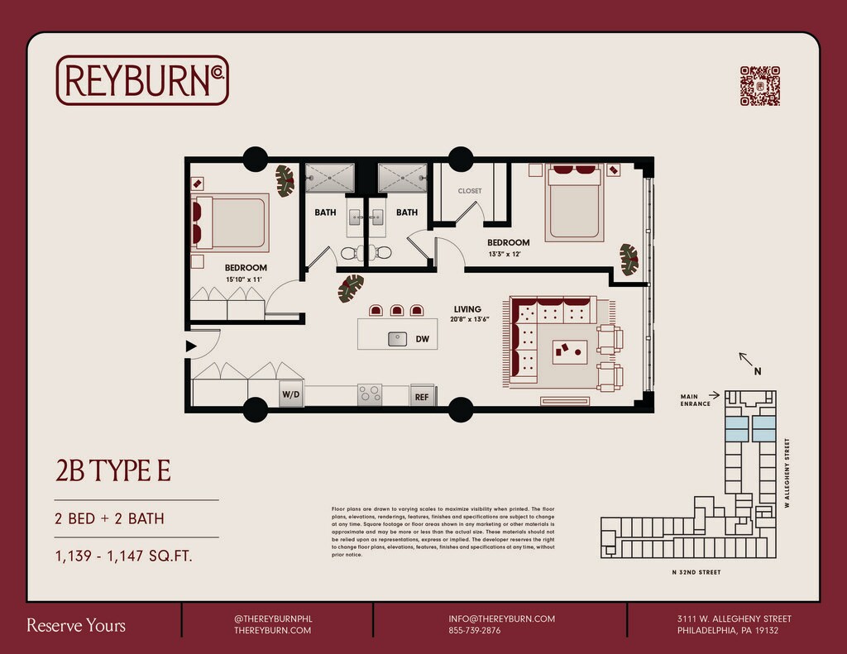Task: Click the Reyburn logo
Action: [x=142, y=80]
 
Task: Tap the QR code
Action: [x=759, y=86]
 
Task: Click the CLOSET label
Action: [x=470, y=191]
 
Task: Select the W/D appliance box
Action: [x=291, y=395]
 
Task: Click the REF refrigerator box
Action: [x=422, y=397]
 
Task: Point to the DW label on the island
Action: [x=422, y=339]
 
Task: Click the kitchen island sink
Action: [x=398, y=338]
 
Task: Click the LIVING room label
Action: [x=467, y=309]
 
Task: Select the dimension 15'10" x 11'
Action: [x=245, y=280]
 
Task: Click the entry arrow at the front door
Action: [x=191, y=346]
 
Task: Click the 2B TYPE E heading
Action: [x=113, y=470]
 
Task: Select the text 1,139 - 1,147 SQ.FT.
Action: [x=123, y=556]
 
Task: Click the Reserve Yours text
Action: [x=76, y=625]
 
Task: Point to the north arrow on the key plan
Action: [x=745, y=360]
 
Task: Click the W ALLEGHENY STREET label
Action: [x=788, y=473]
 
